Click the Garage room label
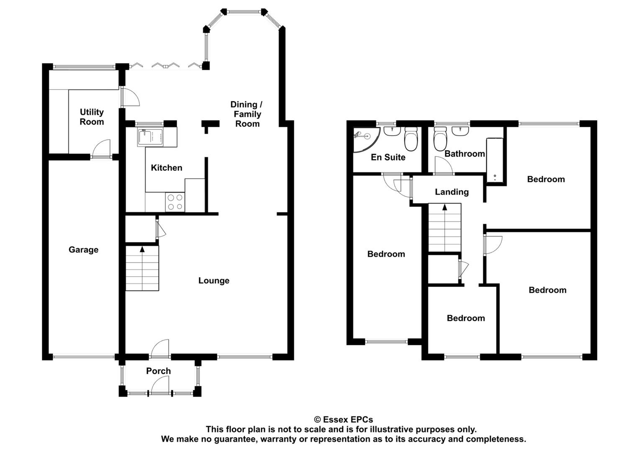click(x=83, y=250)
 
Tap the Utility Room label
click(x=92, y=117)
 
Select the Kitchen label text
click(x=166, y=168)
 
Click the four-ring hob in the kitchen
click(x=175, y=202)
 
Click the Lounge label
click(x=213, y=281)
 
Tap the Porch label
click(x=158, y=371)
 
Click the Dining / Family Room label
click(x=247, y=114)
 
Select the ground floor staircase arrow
click(x=142, y=250)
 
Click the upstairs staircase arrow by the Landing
click(x=444, y=207)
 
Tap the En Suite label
click(x=388, y=157)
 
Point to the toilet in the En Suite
click(x=411, y=139)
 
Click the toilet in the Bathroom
click(x=440, y=140)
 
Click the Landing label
click(x=452, y=192)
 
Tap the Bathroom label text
click(x=464, y=154)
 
